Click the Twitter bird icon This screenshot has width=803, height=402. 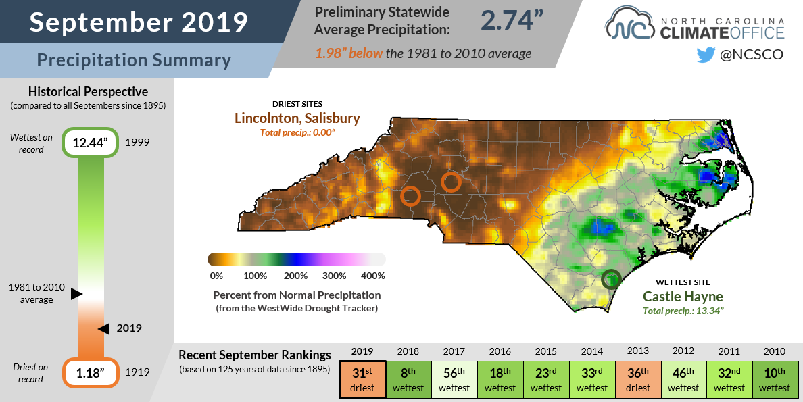(705, 55)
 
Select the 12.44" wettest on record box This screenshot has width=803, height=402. (91, 143)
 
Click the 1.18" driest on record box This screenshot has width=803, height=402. (91, 372)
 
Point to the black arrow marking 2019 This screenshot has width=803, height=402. (103, 328)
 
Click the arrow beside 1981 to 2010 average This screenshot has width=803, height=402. (76, 294)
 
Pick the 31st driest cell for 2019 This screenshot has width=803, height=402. (362, 381)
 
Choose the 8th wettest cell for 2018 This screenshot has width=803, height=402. (408, 381)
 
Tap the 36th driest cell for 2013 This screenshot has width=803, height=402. (637, 381)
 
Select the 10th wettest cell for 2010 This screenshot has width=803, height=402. (775, 381)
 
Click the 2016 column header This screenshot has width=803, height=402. (500, 351)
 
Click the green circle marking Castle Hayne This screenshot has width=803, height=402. (611, 278)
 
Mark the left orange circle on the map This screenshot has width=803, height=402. (410, 196)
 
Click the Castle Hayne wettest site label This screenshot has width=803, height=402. (683, 296)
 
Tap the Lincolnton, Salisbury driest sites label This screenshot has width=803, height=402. (297, 118)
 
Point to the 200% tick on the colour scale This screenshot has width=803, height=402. (296, 276)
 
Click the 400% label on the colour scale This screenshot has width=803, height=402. (372, 276)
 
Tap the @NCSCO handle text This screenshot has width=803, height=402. (751, 55)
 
